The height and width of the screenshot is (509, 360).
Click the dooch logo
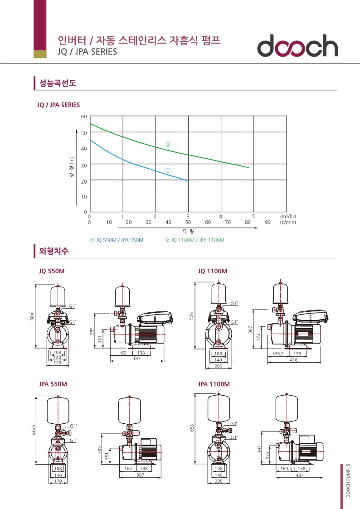click(x=297, y=46)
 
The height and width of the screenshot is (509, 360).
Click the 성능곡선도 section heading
click(x=58, y=83)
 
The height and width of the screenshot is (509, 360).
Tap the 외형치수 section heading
click(x=54, y=251)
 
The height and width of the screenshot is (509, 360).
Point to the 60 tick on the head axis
click(x=84, y=116)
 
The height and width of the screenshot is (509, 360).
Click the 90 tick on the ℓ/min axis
click(x=268, y=223)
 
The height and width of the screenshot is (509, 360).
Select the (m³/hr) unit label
click(x=288, y=216)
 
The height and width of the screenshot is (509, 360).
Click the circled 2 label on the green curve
click(x=168, y=145)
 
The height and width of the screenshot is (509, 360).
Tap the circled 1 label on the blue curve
click(x=168, y=170)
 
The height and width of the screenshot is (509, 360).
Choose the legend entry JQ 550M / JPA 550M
click(x=117, y=240)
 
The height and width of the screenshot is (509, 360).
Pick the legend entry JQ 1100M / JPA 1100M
click(x=195, y=240)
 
